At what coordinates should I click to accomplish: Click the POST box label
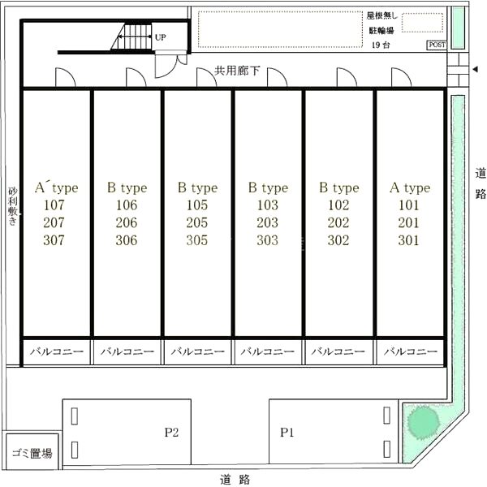pos(437,45)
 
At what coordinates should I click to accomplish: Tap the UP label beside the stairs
pos(160,37)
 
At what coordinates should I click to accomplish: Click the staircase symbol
pos(131,37)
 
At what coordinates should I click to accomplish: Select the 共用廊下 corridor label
pos(237,71)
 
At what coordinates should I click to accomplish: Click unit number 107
pos(54,205)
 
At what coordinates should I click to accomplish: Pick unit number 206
pos(127,222)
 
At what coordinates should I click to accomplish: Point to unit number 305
pos(197,240)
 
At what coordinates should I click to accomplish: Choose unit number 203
pos(267,222)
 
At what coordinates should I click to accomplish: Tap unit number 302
pos(338,240)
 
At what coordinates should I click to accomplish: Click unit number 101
pos(409,205)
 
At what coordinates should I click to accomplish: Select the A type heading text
pos(410,188)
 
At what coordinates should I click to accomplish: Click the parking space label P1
pos(287,433)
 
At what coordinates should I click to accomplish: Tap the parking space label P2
pos(171,433)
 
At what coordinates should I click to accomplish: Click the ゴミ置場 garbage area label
pos(32,454)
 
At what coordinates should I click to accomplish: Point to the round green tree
pos(423,422)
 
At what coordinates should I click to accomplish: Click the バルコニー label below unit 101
pos(411,351)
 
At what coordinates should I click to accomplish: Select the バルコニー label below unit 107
pos(57,351)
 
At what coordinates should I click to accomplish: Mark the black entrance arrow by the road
pos(475,69)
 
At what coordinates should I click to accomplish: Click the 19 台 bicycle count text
pos(381,45)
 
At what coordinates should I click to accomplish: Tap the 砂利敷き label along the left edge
pos(13,205)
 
